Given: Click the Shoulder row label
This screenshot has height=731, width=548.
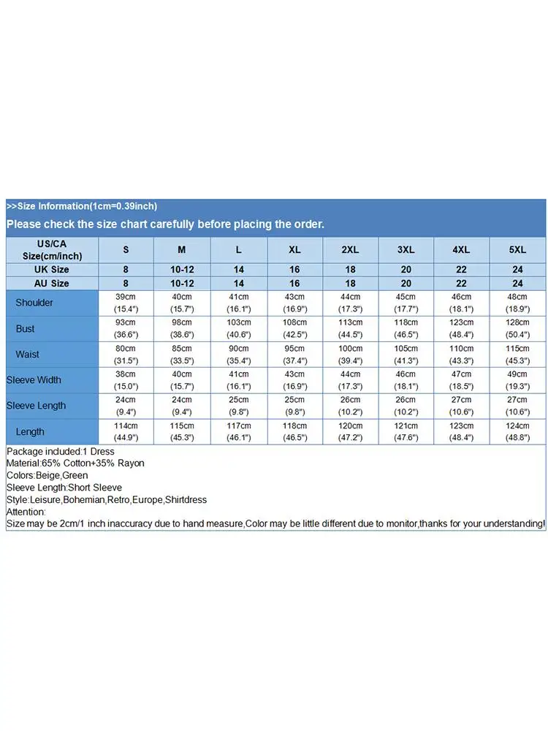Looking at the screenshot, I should coord(34,303).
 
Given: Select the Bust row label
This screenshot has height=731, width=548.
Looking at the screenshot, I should coord(26,329).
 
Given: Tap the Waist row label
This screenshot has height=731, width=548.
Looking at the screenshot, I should coord(28,355).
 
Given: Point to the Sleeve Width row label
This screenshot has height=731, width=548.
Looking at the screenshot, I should coord(34,380).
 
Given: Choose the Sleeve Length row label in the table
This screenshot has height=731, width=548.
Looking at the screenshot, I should coord(36,406).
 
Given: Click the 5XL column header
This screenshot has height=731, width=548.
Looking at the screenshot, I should coord(517,250).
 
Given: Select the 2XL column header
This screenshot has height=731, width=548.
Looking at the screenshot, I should coord(350,250).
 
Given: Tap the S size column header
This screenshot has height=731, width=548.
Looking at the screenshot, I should coord(126,250).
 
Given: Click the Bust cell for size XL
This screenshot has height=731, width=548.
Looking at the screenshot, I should coord(294,328).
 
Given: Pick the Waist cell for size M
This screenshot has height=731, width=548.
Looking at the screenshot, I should coord(182,354).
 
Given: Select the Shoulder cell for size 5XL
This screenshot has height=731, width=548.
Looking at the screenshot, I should coord(517,303).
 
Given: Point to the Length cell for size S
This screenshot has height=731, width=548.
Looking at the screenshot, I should coord(126,431).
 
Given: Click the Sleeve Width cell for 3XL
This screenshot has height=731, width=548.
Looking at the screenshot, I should coord(406,380).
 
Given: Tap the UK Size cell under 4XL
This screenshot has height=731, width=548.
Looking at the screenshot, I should coord(461,270).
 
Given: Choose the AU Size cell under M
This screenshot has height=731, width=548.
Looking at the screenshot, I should coord(182,283).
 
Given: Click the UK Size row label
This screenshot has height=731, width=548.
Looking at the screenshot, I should coord(51,270).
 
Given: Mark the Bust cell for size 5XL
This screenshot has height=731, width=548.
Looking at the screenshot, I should coord(517,328).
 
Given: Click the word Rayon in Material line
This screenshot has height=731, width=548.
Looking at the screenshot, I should coord(132,463).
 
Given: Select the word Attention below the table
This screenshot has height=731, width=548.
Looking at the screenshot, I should coord(26,512).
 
